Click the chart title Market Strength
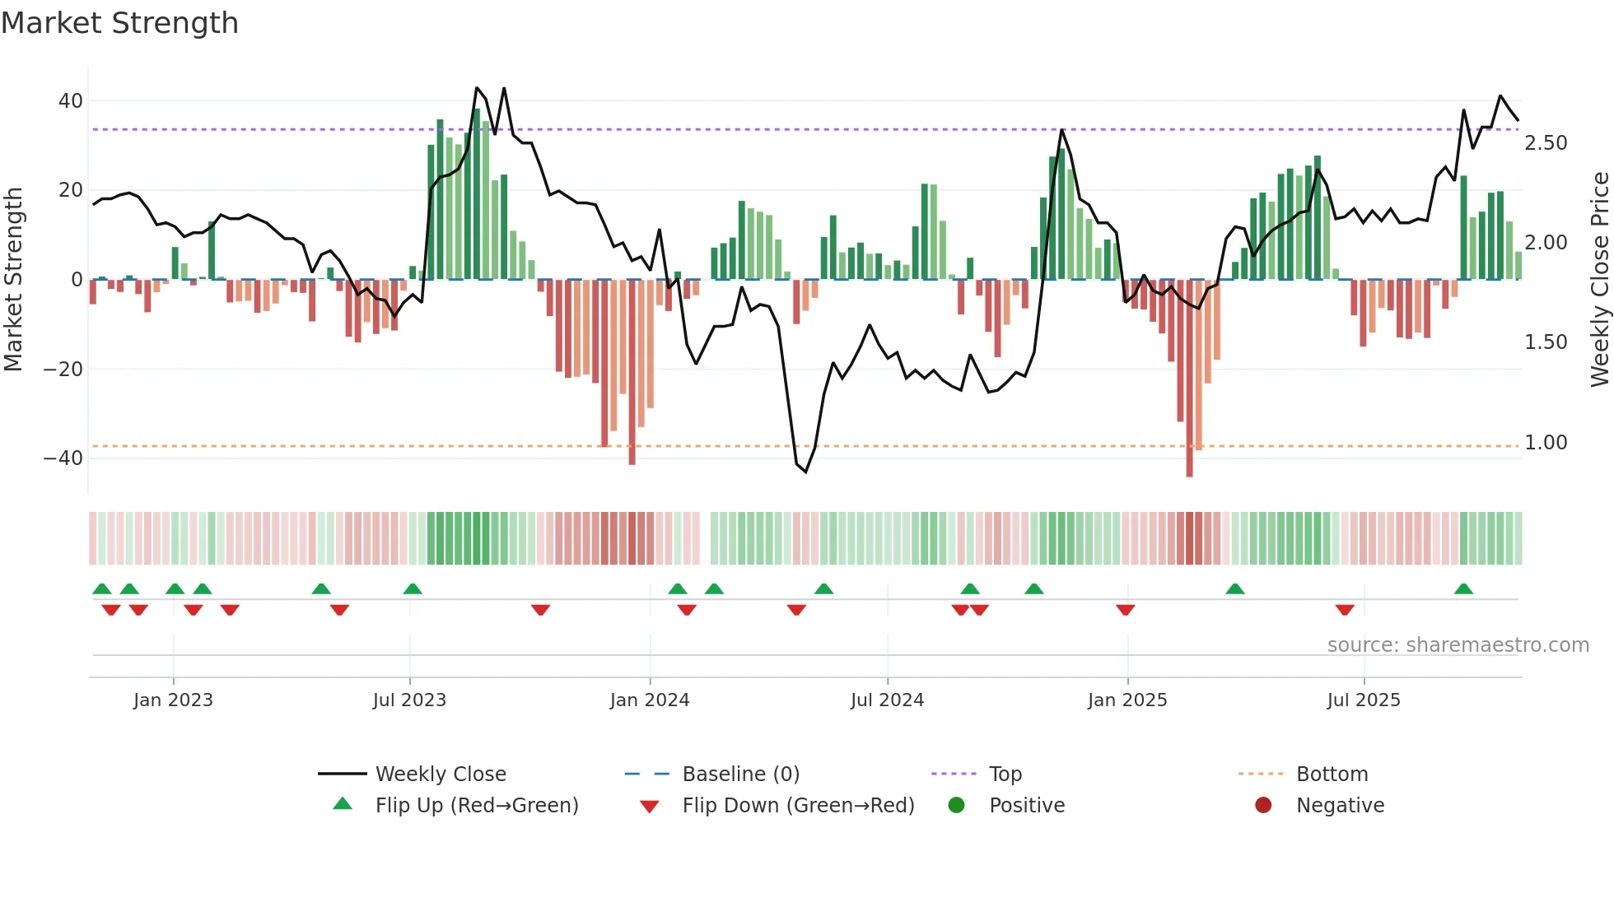tap(119, 23)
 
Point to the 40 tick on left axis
tap(71, 101)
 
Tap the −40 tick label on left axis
tap(63, 458)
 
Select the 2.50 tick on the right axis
tap(1546, 143)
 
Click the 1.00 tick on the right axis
tap(1546, 443)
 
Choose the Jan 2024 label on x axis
tap(649, 700)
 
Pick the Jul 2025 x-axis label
tap(1363, 700)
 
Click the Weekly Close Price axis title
tap(1599, 280)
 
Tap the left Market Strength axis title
tap(13, 280)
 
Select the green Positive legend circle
tap(956, 806)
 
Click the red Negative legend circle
tap(1263, 806)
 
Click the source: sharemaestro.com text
tap(1458, 645)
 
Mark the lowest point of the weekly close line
tap(805, 472)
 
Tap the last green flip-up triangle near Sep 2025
tap(1463, 589)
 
